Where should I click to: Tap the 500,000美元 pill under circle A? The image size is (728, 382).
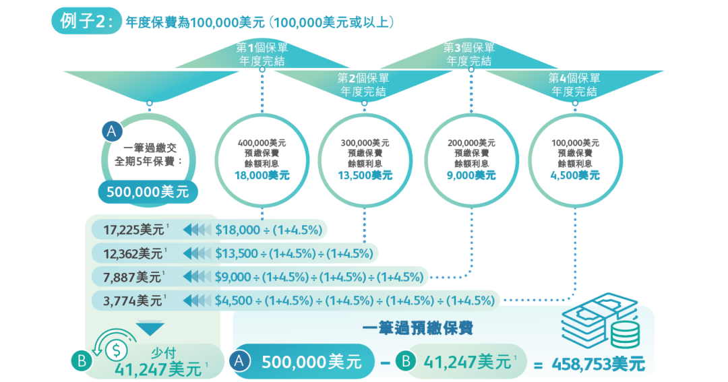coord(149,192)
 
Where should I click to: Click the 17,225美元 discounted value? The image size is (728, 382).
coord(133,230)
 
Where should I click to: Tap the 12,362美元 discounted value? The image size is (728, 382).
coord(133,253)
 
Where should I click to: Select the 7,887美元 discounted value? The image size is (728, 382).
coord(133,276)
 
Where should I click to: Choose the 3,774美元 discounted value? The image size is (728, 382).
coord(133,300)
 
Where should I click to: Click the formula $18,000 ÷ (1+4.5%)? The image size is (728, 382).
coord(268,230)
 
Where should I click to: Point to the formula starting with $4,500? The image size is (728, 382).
coord(354,300)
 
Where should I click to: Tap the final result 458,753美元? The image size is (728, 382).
coord(598,364)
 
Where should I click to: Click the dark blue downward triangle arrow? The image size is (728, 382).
coord(150,329)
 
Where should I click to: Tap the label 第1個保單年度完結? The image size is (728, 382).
coord(262,55)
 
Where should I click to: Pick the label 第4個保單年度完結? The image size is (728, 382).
coord(574,85)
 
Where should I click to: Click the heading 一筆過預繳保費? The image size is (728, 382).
coord(417,329)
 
